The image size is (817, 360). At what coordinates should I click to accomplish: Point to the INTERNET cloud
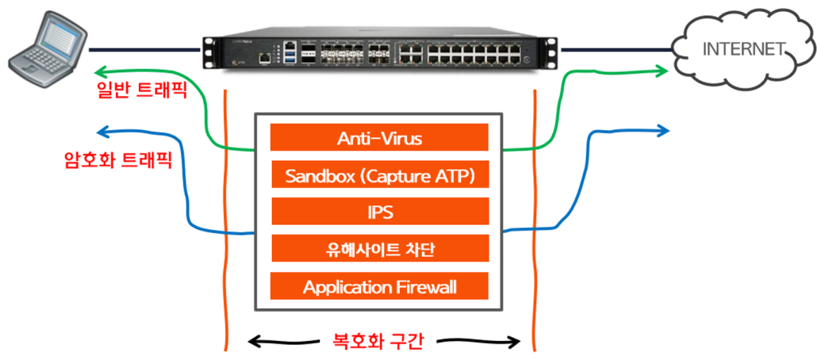pos(742,49)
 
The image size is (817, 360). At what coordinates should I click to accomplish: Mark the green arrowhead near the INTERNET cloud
pos(660,71)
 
